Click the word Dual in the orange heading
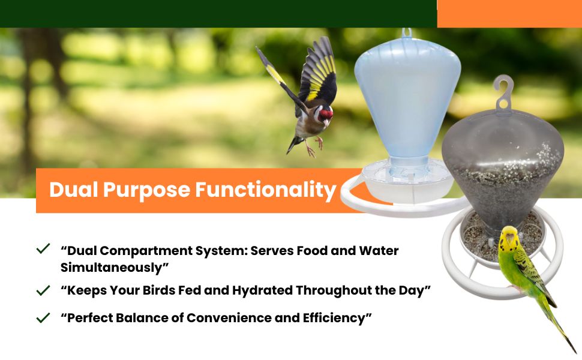[73, 189]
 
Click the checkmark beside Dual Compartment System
[43, 248]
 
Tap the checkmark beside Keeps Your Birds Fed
[43, 290]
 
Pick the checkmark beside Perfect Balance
[43, 317]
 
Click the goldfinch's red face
[326, 114]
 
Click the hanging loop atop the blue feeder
[407, 32]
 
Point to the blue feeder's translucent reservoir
[407, 97]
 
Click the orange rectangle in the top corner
[509, 14]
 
